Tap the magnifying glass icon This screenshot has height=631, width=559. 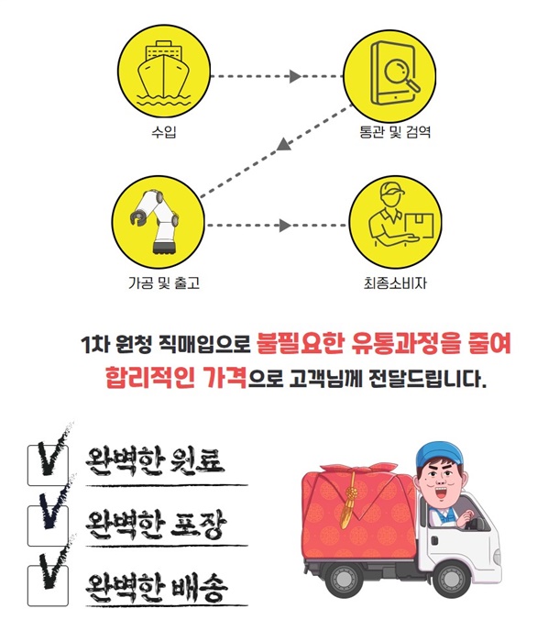tap(401, 75)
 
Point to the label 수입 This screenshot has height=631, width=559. tap(163, 131)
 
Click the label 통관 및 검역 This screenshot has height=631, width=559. tap(395, 131)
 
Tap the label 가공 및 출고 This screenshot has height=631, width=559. tap(164, 282)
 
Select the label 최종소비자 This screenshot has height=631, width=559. tap(395, 282)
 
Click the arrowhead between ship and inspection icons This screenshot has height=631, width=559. tap(295, 76)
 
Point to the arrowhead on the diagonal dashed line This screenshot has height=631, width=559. tap(284, 145)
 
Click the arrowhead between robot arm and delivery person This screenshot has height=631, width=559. tap(285, 226)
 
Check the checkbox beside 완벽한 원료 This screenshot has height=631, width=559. tap(48, 465)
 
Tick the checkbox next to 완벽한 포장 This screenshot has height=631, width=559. tap(48, 526)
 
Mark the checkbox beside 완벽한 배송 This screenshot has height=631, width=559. tap(48, 585)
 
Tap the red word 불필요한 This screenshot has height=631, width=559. tap(300, 344)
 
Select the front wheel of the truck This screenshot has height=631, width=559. tap(454, 579)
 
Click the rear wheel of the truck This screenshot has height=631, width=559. tap(343, 580)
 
